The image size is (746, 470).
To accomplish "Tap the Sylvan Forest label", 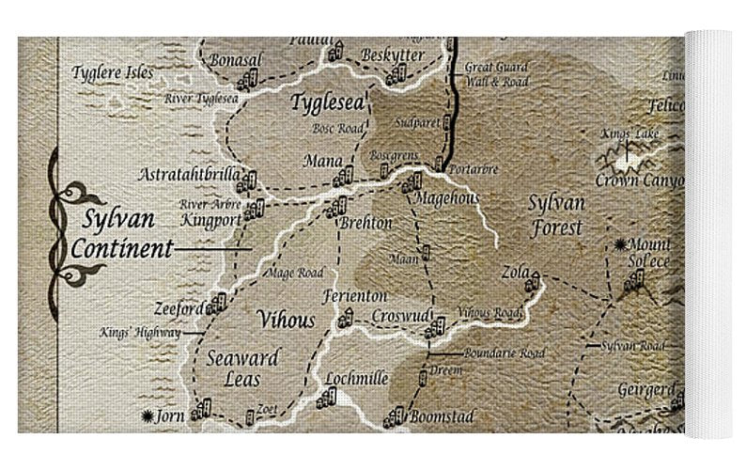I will point(555,214).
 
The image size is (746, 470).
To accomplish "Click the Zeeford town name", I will point(179,308).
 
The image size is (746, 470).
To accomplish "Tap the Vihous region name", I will point(287,320).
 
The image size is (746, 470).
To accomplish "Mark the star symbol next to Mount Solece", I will point(620,244).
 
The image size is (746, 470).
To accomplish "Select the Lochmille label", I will point(356,379).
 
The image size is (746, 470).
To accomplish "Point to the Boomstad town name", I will point(441,416).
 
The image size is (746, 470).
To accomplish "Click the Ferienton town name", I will point(355,296).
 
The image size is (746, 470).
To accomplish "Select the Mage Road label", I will point(296,273).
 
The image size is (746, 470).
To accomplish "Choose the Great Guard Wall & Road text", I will point(497,74).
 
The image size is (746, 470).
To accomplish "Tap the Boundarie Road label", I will point(505,353).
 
